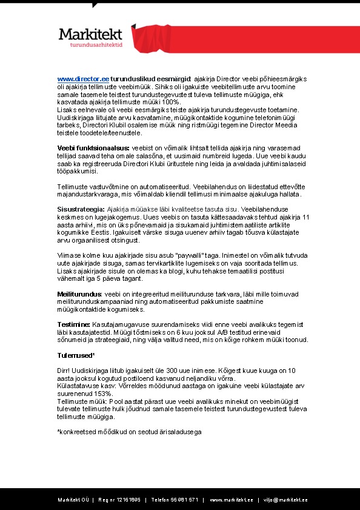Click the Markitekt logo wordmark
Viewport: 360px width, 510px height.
(90, 35)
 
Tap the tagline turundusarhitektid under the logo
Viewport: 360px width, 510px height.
(97, 45)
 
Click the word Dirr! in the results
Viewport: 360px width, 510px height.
(63, 370)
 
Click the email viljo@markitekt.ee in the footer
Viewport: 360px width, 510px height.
(284, 500)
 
